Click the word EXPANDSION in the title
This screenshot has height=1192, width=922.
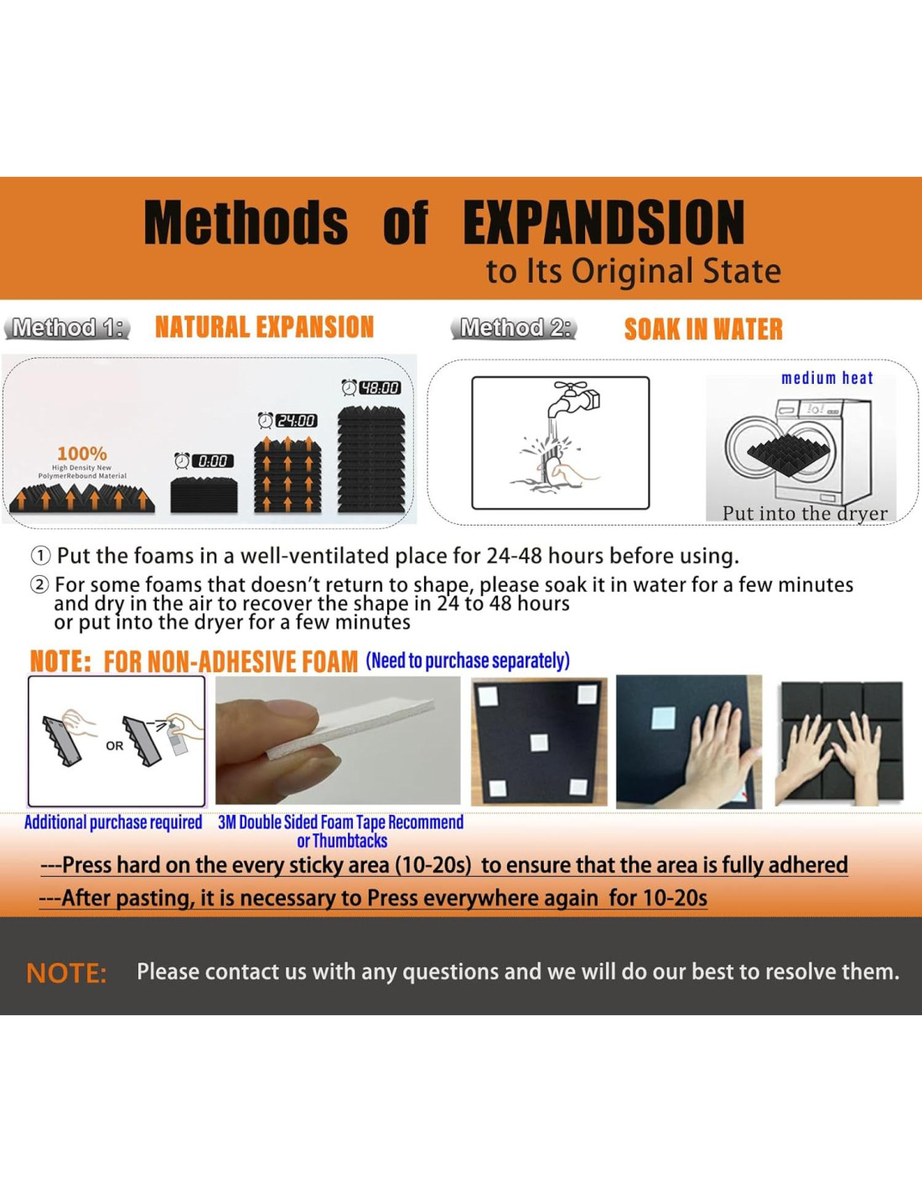(603, 221)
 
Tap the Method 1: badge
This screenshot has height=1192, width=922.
(67, 328)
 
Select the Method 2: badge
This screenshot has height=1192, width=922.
(514, 328)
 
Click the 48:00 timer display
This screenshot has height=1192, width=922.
(380, 388)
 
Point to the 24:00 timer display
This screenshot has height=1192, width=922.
(296, 421)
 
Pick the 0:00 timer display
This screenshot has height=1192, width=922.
(212, 461)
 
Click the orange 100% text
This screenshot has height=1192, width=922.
(82, 453)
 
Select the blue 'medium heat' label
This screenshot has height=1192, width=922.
(827, 379)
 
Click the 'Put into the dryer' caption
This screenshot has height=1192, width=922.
(805, 514)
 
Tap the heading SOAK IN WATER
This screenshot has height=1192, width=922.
(703, 329)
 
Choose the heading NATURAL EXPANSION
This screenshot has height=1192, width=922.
(264, 328)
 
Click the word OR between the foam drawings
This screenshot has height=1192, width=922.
(115, 746)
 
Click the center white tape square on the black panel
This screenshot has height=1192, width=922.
(539, 743)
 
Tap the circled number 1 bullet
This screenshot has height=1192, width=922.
(39, 557)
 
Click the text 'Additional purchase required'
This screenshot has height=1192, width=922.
(113, 822)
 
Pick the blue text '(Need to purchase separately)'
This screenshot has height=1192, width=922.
(468, 661)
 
